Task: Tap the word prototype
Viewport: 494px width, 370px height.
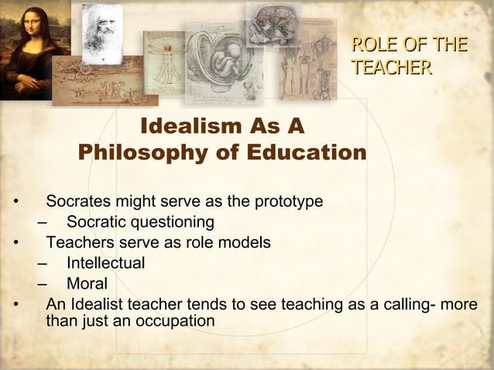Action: [287, 202]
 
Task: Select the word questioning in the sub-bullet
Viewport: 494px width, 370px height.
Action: [169, 223]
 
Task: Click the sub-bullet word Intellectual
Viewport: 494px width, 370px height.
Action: [105, 263]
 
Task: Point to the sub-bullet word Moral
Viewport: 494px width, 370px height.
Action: [87, 283]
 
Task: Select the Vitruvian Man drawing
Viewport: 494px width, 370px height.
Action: [165, 63]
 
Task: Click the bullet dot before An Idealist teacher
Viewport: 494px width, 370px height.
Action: [15, 304]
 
